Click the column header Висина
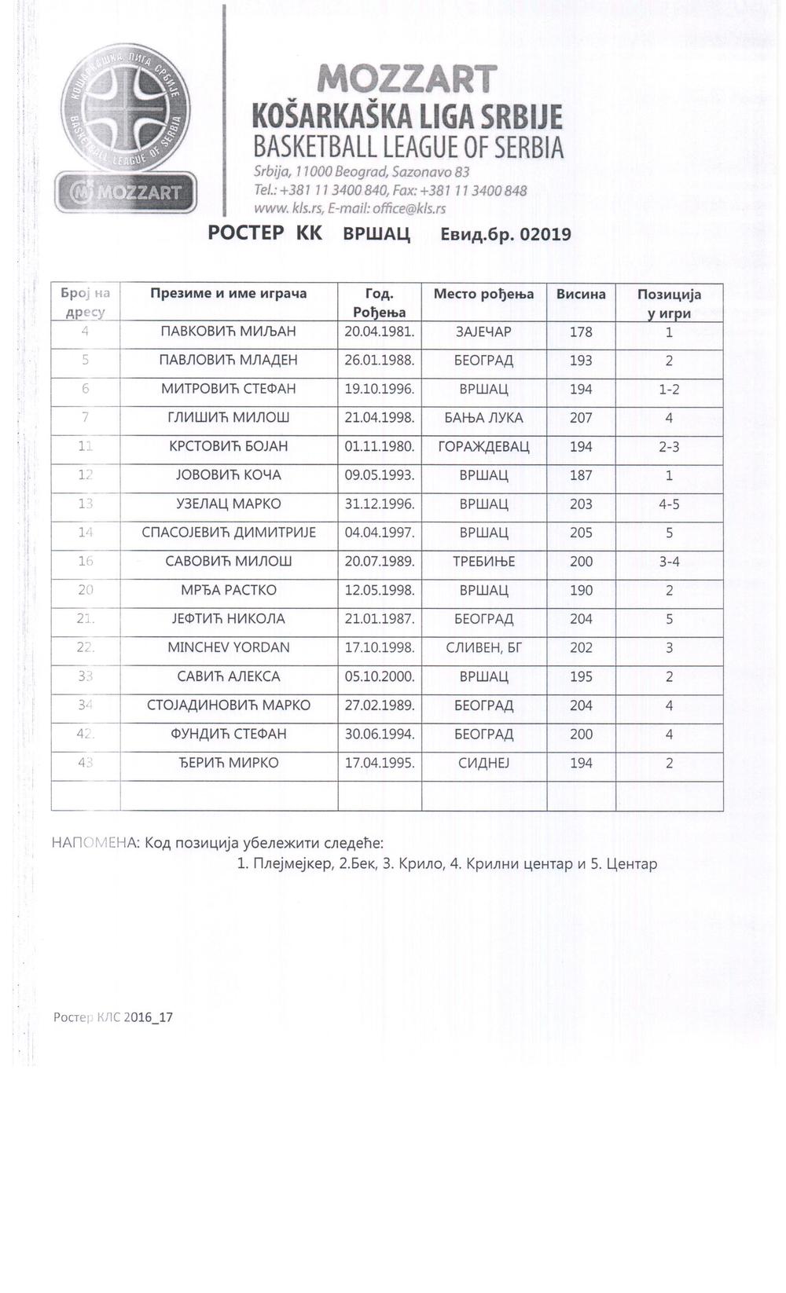tap(581, 295)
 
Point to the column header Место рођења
tap(483, 295)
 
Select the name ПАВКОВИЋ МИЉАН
tap(228, 331)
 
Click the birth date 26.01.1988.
tap(380, 361)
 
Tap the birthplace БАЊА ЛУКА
tap(483, 418)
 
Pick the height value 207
tap(581, 418)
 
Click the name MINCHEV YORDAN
tap(229, 648)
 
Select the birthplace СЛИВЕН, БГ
tap(483, 648)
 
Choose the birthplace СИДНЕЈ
tap(483, 763)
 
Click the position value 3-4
tap(669, 562)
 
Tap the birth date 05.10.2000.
tap(380, 676)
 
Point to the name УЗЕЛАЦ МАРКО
tap(229, 504)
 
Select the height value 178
tap(581, 331)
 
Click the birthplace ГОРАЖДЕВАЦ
tap(483, 447)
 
